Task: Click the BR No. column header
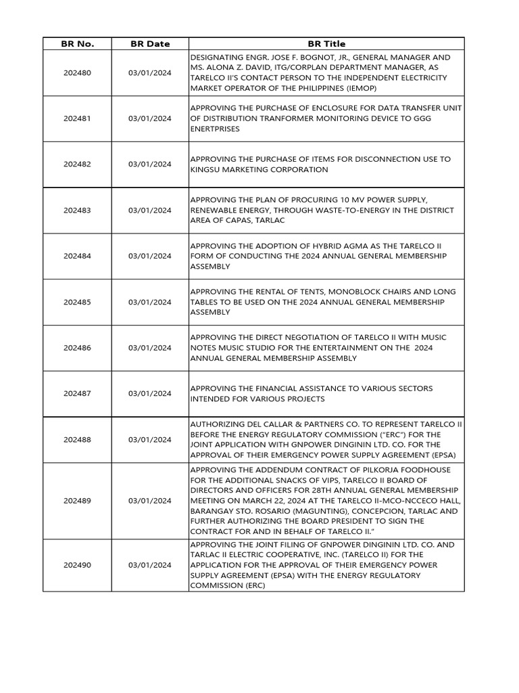coord(78,44)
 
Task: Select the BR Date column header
coord(150,44)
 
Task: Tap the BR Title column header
coord(326,44)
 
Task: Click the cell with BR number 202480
coord(78,73)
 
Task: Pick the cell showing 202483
coord(78,210)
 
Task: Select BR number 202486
coord(78,348)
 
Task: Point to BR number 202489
coord(78,501)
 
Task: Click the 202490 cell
coord(78,565)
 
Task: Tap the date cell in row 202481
coord(150,118)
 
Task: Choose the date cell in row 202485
coord(150,302)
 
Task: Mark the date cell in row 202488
coord(150,439)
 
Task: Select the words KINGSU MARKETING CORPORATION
coord(259,170)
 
